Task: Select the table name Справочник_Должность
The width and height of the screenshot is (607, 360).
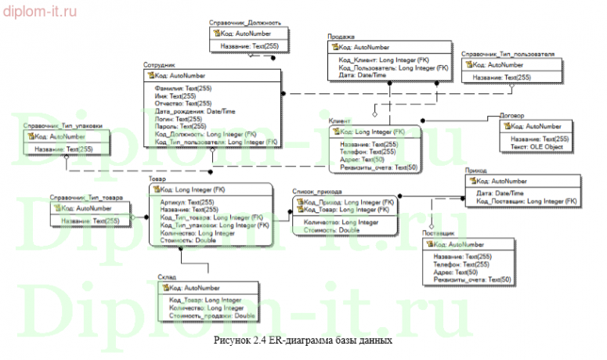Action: (244, 23)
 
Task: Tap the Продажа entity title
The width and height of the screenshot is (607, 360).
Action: (342, 37)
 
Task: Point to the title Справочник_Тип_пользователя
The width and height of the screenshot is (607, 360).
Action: (508, 55)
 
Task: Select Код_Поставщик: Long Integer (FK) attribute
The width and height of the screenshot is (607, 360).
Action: (526, 201)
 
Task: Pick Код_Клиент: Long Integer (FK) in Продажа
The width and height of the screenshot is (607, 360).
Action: (383, 60)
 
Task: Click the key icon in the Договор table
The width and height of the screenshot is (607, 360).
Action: (508, 126)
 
